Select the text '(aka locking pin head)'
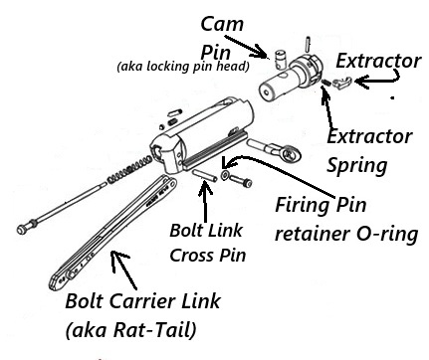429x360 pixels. click(x=175, y=68)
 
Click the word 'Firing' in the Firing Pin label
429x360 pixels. click(x=301, y=207)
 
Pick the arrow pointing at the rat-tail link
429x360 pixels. click(x=130, y=269)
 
